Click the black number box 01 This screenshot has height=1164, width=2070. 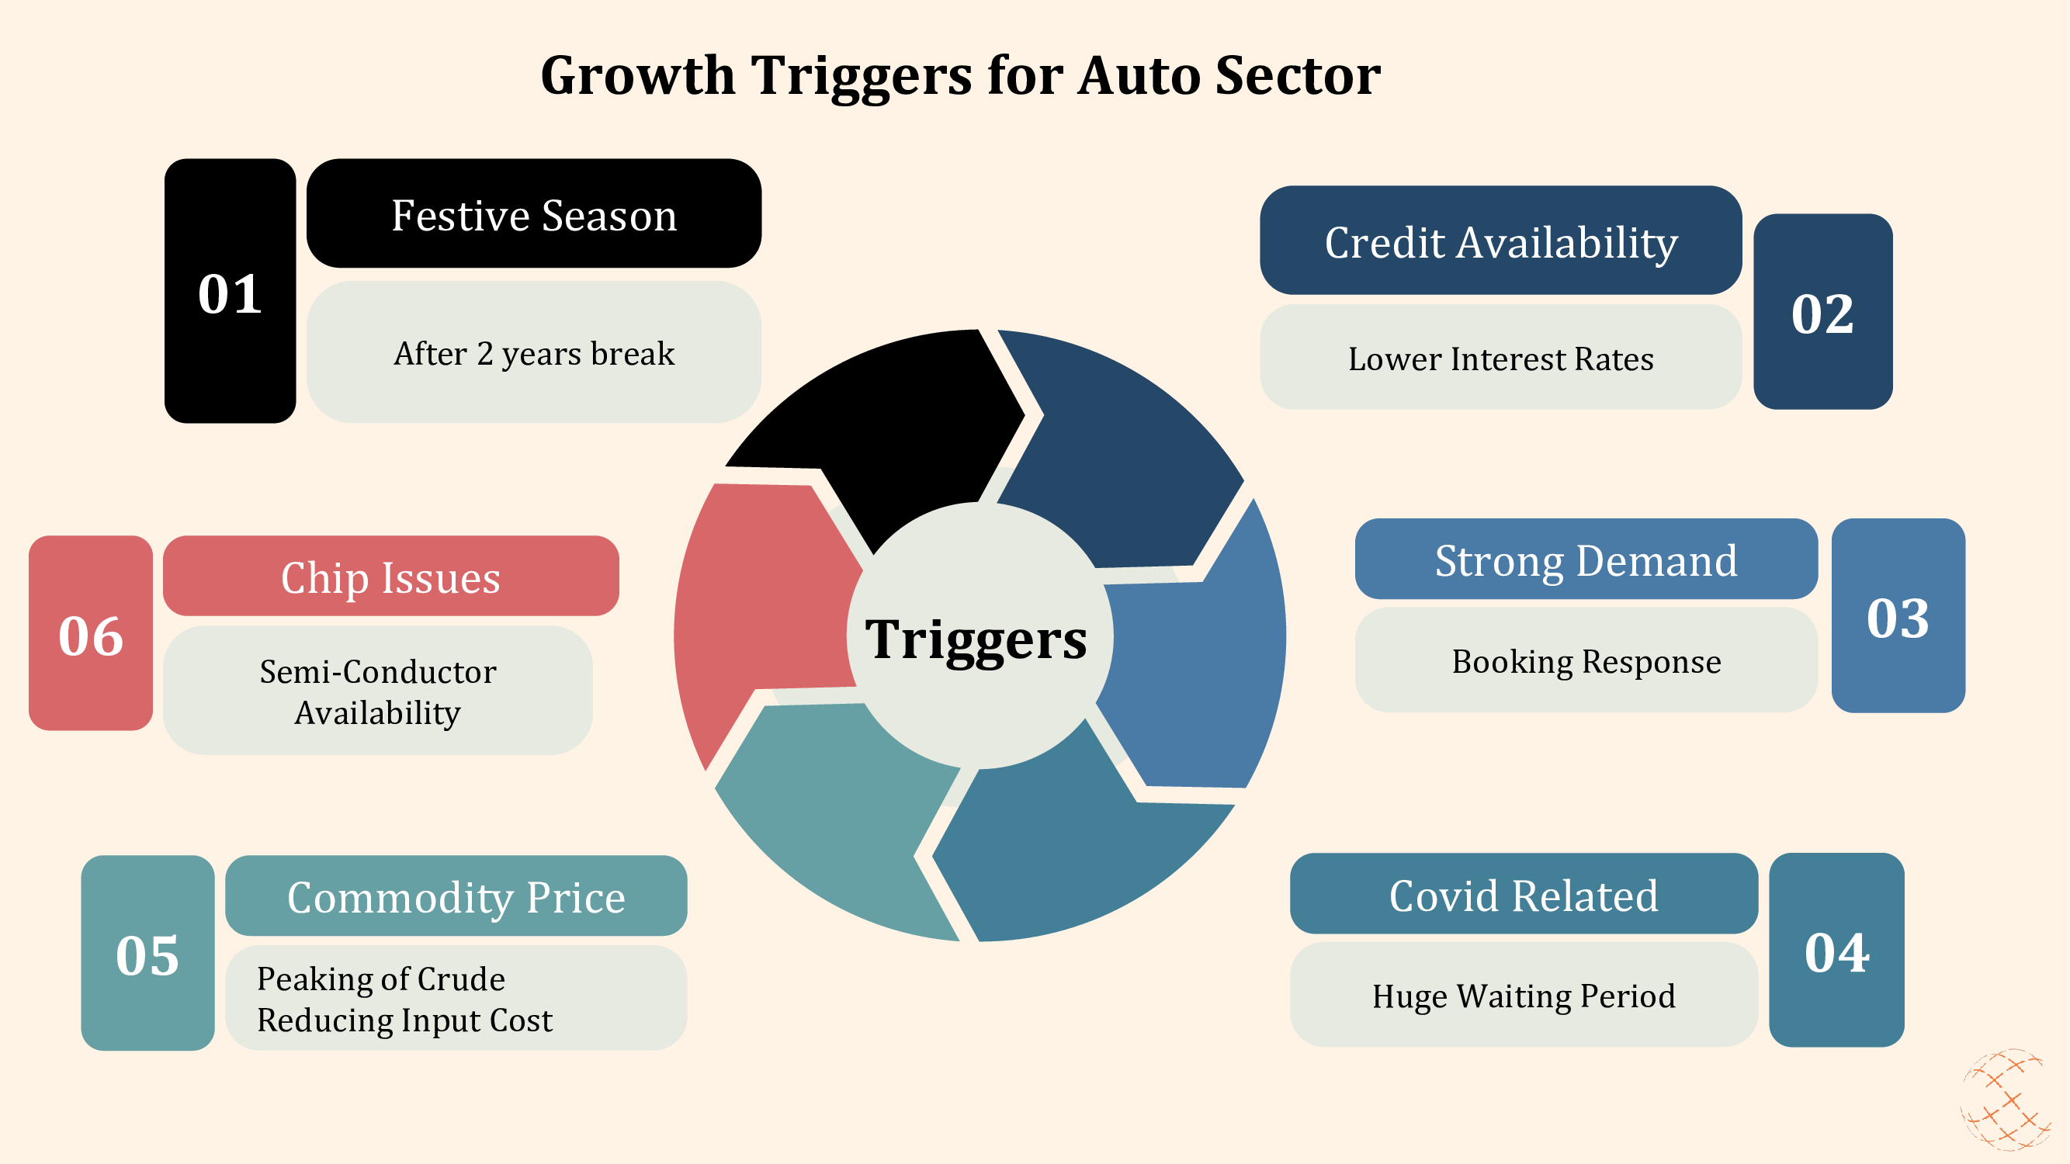(230, 291)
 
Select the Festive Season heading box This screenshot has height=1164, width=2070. (533, 213)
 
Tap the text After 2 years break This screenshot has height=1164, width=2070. (533, 353)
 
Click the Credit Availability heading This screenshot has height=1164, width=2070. (1500, 241)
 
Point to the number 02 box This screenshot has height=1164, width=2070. (1822, 312)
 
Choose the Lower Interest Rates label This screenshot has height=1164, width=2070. (1500, 359)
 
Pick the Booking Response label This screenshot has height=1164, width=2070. (1586, 661)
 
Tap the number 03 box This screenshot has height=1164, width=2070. (1898, 616)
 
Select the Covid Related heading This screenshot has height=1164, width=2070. (1523, 894)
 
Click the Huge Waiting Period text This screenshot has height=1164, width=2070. (1523, 996)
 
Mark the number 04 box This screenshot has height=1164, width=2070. (1836, 951)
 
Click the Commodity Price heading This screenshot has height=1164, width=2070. (456, 896)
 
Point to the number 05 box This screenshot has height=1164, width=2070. (147, 954)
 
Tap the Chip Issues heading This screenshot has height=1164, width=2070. (390, 576)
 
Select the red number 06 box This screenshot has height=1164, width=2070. (91, 634)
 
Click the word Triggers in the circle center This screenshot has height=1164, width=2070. (976, 639)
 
